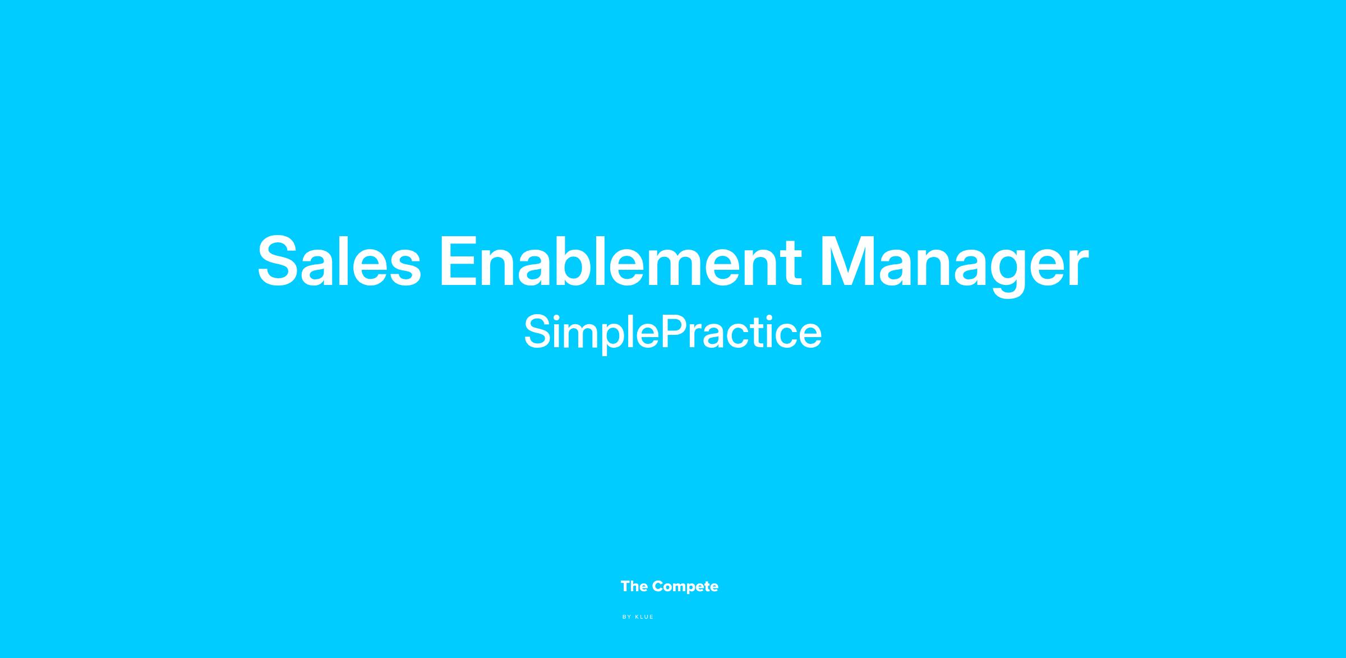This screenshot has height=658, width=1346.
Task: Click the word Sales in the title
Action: click(339, 261)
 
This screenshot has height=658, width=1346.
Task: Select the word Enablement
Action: click(620, 260)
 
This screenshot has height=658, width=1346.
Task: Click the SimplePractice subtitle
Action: click(672, 332)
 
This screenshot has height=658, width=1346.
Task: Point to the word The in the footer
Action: click(634, 587)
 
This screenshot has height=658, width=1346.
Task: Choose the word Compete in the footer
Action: click(685, 587)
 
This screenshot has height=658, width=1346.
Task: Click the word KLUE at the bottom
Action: click(644, 617)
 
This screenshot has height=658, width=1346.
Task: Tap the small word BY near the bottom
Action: click(627, 617)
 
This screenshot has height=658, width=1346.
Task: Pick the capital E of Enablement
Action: click(459, 261)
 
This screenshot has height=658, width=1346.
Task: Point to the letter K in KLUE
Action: click(637, 617)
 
